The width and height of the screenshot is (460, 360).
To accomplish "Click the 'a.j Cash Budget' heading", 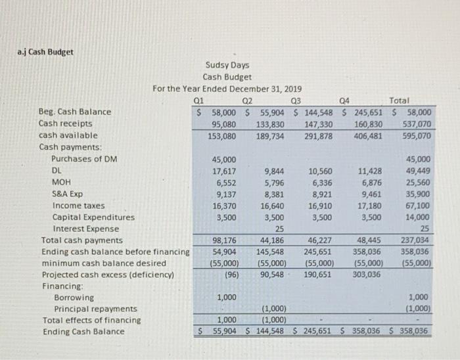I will tap(46, 52).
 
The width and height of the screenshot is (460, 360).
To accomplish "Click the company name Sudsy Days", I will tap(227, 65).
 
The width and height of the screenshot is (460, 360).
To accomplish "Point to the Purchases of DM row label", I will tap(85, 159).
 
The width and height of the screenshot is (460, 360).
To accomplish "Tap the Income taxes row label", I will tap(78, 206).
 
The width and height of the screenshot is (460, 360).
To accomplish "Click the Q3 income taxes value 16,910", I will tap(319, 206).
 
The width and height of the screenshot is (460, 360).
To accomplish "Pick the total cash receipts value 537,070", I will tap(415, 124).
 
